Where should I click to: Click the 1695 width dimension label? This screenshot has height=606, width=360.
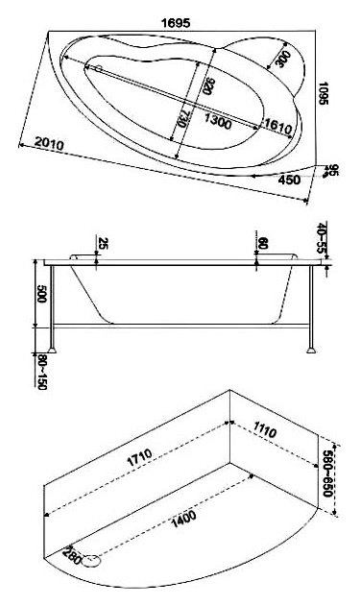[x=176, y=23]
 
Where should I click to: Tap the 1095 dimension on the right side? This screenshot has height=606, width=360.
[x=323, y=93]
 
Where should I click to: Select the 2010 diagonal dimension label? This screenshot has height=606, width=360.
[x=49, y=143]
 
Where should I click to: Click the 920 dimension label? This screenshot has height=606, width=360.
[x=207, y=86]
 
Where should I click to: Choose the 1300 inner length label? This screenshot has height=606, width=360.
[x=218, y=122]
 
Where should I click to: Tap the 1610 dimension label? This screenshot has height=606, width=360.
[x=277, y=128]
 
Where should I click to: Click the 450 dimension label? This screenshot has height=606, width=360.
[x=289, y=180]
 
